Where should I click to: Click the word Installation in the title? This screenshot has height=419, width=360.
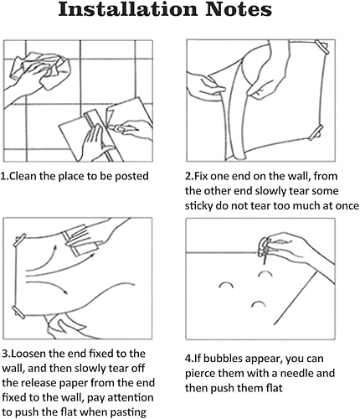click(128, 9)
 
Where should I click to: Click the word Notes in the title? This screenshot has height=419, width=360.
click(239, 9)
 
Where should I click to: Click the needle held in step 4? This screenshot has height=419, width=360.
click(265, 256)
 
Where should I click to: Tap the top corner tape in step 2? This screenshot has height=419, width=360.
click(322, 47)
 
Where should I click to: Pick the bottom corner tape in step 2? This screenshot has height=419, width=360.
click(316, 132)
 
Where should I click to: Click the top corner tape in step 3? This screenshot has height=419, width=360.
click(20, 240)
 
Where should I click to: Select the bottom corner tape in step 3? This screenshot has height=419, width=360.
click(18, 313)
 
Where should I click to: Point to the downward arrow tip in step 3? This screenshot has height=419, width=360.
click(67, 293)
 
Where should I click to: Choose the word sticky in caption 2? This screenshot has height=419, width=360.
click(198, 206)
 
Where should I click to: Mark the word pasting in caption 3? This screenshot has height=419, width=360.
click(128, 413)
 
